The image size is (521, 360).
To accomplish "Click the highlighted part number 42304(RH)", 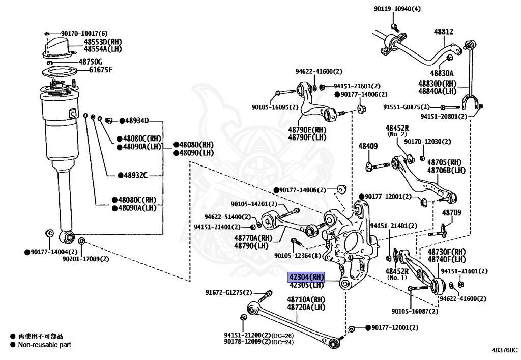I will (x=306, y=277).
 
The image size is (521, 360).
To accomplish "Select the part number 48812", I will (x=443, y=32).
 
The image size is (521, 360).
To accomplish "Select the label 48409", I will (x=368, y=146).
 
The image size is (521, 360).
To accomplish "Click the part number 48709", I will (x=451, y=213).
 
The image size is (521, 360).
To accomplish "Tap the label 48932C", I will (x=134, y=175).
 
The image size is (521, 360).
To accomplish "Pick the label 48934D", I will (x=136, y=121).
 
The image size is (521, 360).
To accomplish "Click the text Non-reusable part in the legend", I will (x=44, y=345).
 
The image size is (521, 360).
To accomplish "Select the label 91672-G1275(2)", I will (x=228, y=293).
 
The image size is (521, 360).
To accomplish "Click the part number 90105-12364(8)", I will (x=297, y=256).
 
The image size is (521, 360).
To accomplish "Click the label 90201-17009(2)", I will (x=86, y=259).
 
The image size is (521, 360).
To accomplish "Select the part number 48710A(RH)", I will (x=306, y=300).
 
